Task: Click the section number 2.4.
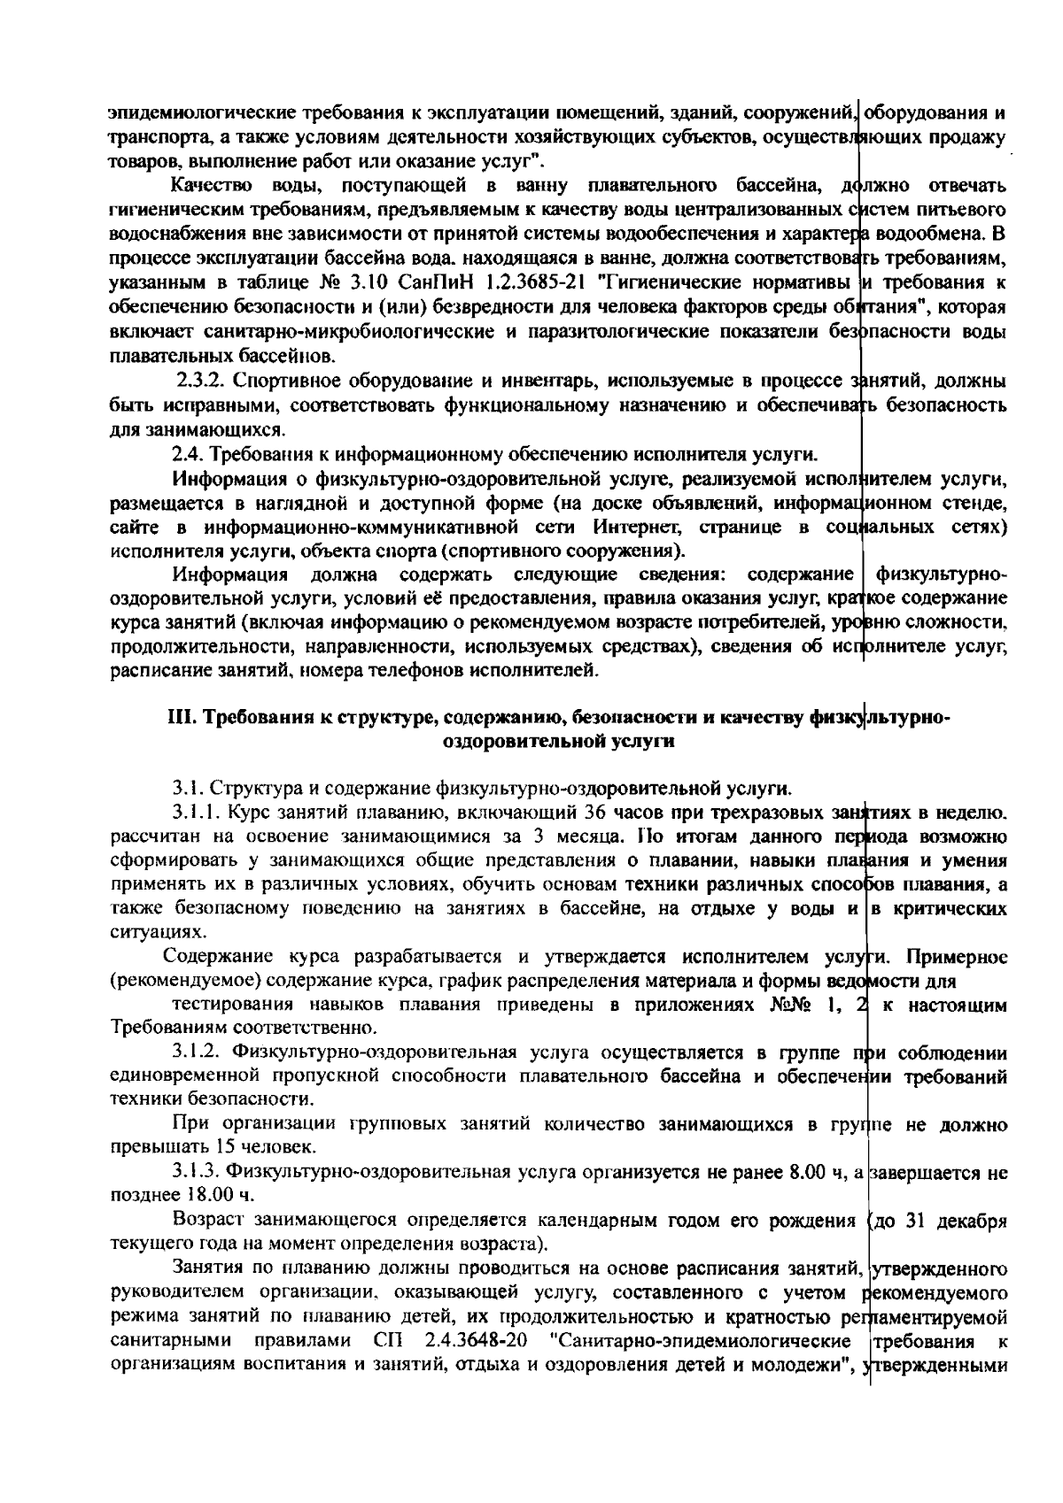[x=185, y=455]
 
